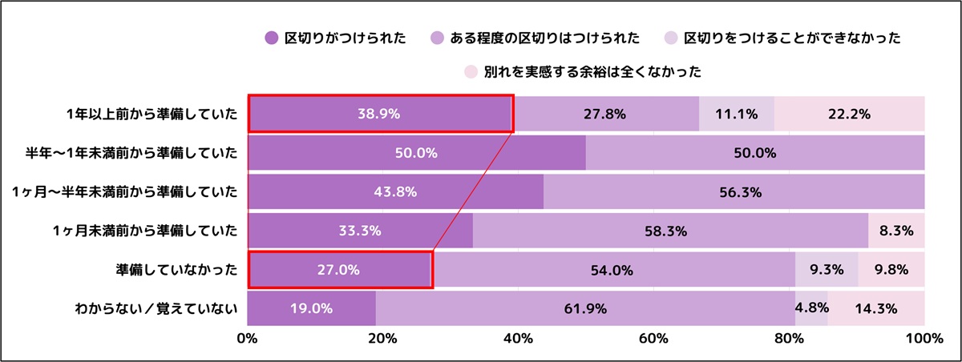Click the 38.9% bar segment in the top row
[379, 114]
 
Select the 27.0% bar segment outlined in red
[340, 270]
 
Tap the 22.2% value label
[849, 114]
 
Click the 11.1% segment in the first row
[737, 114]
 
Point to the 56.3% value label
[734, 192]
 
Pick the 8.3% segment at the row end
[896, 231]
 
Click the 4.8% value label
[811, 308]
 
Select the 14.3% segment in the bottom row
[875, 308]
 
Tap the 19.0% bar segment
[311, 308]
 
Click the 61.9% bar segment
[585, 308]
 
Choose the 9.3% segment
[826, 270]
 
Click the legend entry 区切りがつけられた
[337, 38]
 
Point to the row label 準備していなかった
[177, 270]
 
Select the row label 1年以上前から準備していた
[152, 114]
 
